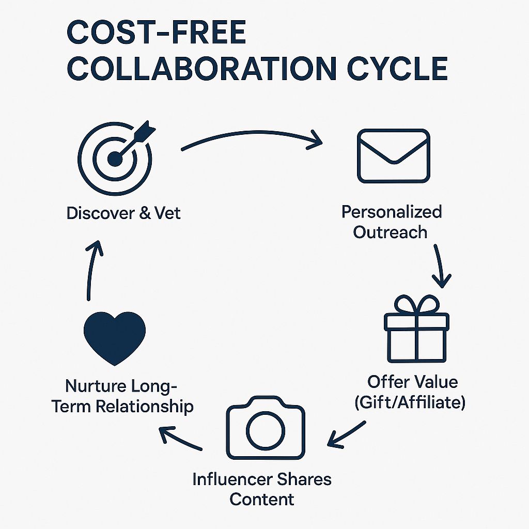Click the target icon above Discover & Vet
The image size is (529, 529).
[115, 159]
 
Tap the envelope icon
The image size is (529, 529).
[393, 156]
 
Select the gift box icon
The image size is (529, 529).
[417, 329]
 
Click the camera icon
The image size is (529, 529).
[266, 428]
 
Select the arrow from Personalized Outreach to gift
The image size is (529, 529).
[440, 267]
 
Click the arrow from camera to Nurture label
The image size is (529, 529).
[179, 439]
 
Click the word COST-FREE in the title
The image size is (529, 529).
[156, 33]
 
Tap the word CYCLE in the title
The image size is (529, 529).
[397, 69]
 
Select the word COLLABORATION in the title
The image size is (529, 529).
[202, 69]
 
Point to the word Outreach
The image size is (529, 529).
[391, 232]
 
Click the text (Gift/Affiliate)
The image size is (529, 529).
[410, 402]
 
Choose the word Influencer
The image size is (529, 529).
[232, 479]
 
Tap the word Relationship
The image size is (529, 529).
[145, 406]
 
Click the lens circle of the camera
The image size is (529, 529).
[266, 431]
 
